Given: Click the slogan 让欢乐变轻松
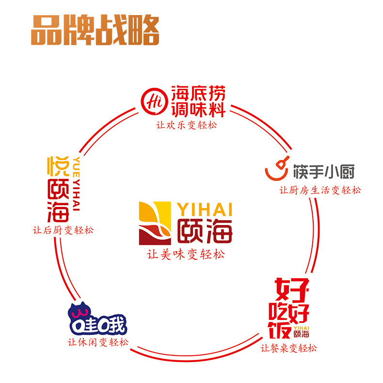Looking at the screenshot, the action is coord(186,125).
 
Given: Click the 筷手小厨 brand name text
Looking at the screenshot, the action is coord(324,172).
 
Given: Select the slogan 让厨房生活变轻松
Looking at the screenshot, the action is coord(320,190).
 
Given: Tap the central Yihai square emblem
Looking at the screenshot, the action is coord(155,223).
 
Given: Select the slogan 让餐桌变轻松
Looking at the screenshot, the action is coord(288,348).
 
